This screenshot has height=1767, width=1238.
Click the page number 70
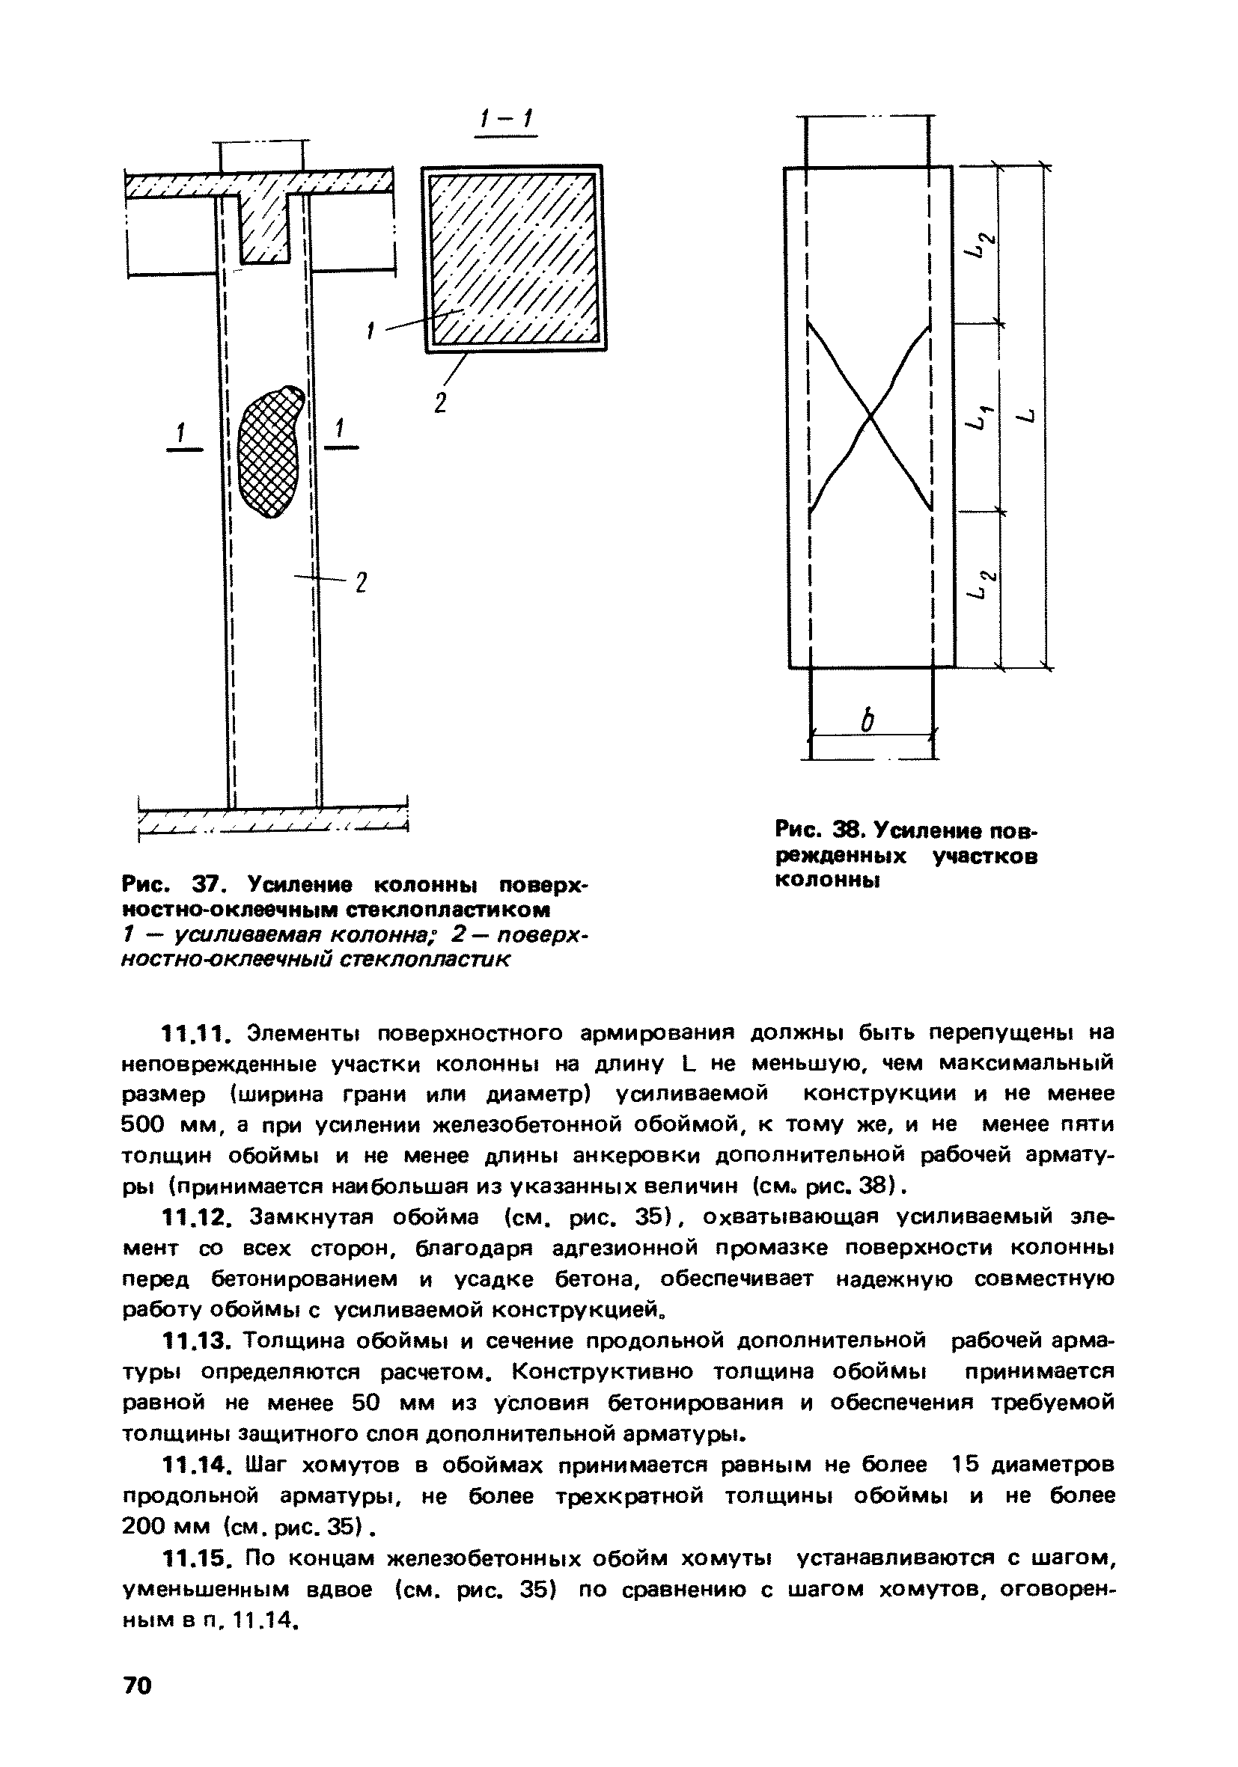click(x=138, y=1685)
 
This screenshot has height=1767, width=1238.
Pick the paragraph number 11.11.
click(x=192, y=1032)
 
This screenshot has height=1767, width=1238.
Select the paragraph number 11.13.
click(x=192, y=1341)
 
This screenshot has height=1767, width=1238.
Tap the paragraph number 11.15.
click(x=192, y=1558)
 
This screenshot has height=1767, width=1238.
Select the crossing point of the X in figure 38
click(x=870, y=417)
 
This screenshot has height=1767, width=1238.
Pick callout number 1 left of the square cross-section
click(x=371, y=331)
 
